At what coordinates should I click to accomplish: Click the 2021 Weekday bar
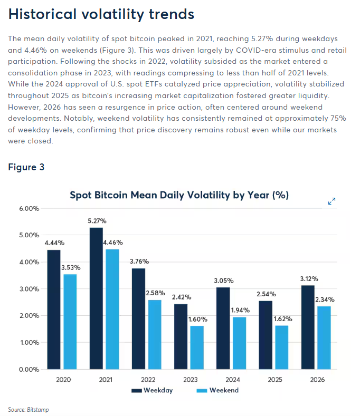click(x=96, y=298)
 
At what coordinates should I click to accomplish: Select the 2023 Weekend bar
click(x=197, y=347)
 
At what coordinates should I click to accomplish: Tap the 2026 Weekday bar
click(x=308, y=327)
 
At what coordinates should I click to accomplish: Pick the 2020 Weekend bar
click(x=70, y=322)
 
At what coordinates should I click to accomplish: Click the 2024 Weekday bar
click(x=223, y=328)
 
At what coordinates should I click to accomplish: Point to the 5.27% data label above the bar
click(x=97, y=221)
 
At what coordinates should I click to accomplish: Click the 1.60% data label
click(x=197, y=319)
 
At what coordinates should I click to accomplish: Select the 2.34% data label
click(x=325, y=299)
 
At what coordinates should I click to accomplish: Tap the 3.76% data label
click(x=139, y=262)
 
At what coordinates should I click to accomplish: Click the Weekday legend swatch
click(x=137, y=391)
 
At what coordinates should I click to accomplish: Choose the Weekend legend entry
click(x=217, y=390)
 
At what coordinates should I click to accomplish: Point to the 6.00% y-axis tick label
click(x=29, y=209)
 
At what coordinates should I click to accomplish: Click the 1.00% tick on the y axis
click(x=30, y=343)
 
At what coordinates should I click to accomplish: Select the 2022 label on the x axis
click(x=148, y=380)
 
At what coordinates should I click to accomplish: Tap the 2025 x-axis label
click(x=275, y=380)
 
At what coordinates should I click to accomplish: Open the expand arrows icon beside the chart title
click(x=331, y=201)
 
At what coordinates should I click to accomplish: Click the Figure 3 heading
click(x=26, y=167)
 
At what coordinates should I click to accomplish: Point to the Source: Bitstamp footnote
click(x=29, y=409)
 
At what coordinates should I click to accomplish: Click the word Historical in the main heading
click(x=42, y=14)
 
